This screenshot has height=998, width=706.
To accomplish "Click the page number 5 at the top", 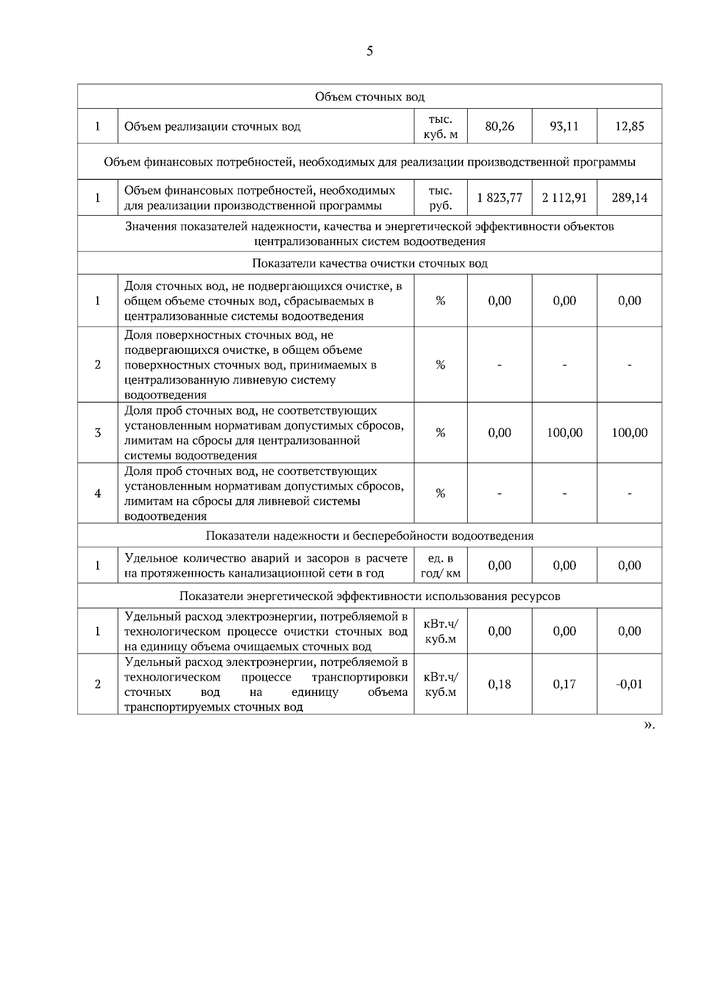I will [x=369, y=51].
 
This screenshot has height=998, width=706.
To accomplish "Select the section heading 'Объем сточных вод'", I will [x=369, y=96].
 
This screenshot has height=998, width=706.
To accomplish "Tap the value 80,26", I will [x=499, y=126].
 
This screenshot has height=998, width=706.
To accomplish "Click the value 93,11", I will [x=564, y=126].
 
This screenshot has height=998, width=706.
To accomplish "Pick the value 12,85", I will [x=630, y=126].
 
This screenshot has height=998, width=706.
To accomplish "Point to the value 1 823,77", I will [x=499, y=198].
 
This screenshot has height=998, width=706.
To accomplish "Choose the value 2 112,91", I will [x=564, y=198].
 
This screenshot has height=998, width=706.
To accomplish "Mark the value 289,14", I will [x=630, y=198].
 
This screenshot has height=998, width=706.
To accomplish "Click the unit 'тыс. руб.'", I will [x=441, y=198].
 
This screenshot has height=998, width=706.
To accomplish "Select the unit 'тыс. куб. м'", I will [x=441, y=126].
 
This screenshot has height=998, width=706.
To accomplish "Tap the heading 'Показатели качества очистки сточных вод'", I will [x=369, y=263].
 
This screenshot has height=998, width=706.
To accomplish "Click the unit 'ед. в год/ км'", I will [x=441, y=565].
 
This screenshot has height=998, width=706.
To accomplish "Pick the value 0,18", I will [x=499, y=684].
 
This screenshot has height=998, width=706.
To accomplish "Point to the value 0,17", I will [x=564, y=684].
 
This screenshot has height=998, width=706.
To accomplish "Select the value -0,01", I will [x=629, y=684].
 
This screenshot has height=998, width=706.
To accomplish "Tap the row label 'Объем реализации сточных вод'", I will [x=212, y=126].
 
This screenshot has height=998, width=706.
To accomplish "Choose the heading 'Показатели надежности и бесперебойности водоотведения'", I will [x=369, y=536].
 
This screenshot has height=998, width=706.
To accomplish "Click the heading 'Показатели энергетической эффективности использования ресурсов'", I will [x=369, y=596].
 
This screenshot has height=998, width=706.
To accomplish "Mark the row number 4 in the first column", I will [x=98, y=494].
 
